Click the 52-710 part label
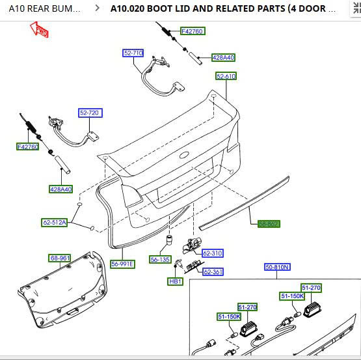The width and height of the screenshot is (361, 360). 133,53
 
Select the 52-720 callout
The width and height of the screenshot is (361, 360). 90,113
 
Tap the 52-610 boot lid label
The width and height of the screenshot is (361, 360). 226,76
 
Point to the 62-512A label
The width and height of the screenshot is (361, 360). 55,222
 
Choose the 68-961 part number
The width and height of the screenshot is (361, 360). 60,258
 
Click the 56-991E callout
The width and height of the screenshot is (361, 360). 122,264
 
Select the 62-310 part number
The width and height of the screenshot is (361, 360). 212,253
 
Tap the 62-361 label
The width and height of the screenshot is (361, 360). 213,271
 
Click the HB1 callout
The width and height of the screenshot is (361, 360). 175,281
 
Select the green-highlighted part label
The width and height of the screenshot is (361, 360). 268,223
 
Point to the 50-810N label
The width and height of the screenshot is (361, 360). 277,267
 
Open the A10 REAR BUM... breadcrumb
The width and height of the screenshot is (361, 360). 45,9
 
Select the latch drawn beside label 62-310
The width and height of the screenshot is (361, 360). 192,245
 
